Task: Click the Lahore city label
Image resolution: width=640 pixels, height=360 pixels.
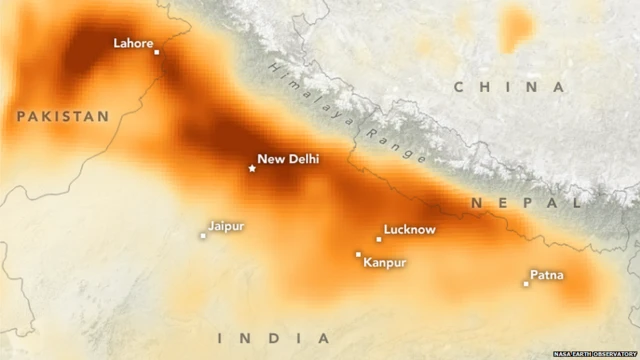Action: (x=133, y=43)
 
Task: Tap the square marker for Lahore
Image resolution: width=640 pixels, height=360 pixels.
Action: (x=157, y=51)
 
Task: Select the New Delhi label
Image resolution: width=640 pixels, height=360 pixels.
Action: (x=288, y=158)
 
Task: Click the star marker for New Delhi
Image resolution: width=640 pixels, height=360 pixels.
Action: (x=252, y=168)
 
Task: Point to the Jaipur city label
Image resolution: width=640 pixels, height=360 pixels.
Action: (x=226, y=226)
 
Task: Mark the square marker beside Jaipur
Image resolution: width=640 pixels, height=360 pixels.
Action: (x=203, y=236)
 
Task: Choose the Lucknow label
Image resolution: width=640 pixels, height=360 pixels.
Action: (x=410, y=230)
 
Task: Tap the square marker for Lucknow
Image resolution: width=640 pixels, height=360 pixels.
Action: (x=379, y=239)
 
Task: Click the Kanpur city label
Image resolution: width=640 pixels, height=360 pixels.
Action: (x=385, y=263)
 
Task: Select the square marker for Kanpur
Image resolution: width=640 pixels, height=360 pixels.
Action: (x=358, y=254)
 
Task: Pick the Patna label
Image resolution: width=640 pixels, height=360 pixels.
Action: (x=546, y=275)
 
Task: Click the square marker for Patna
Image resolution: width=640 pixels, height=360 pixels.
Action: (x=526, y=284)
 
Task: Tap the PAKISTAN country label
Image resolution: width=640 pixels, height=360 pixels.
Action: (x=62, y=117)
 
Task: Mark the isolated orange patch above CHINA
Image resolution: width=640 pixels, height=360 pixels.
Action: (x=516, y=26)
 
